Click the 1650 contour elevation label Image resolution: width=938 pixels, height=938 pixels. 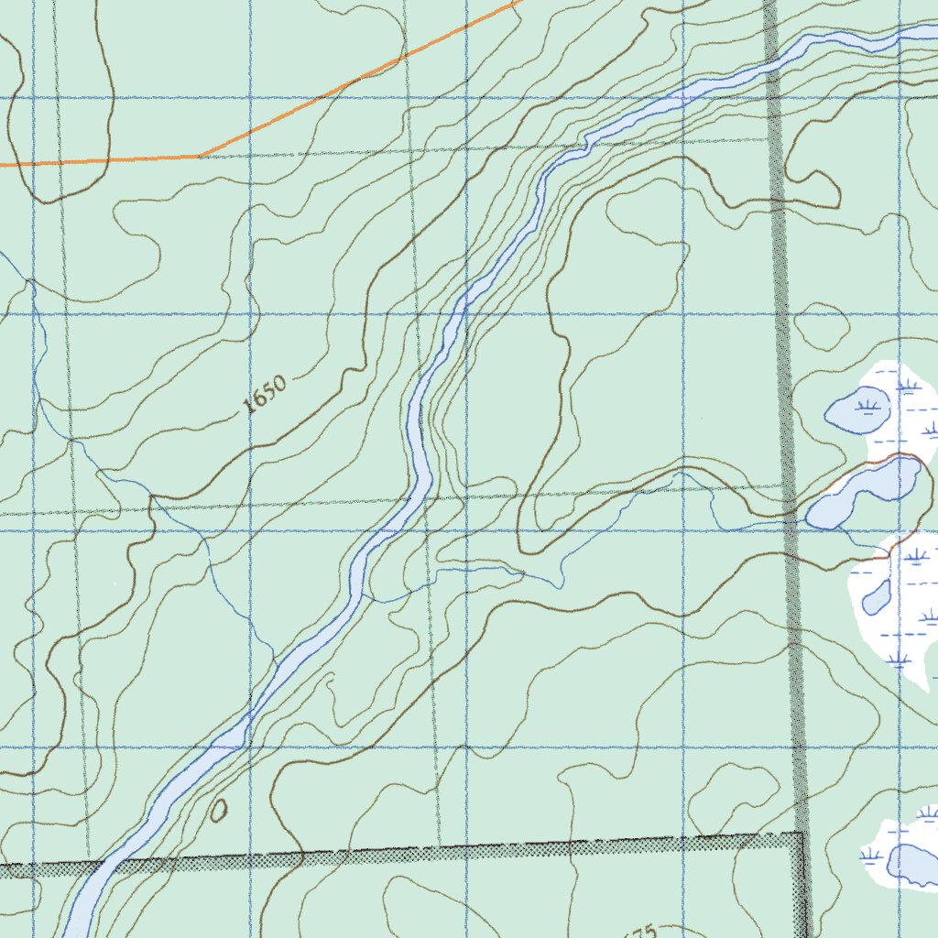tap(267, 395)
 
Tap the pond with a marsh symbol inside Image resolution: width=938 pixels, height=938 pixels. tap(857, 410)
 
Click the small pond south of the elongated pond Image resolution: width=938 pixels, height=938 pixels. tap(877, 597)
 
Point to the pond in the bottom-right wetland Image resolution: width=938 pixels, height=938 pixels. tap(912, 865)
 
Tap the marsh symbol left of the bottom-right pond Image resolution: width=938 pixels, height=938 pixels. tap(870, 856)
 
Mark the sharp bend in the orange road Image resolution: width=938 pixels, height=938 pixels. tap(200, 157)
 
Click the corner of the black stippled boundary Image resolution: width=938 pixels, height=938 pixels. tap(802, 836)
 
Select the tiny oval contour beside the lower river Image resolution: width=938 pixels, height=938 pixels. tap(219, 811)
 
